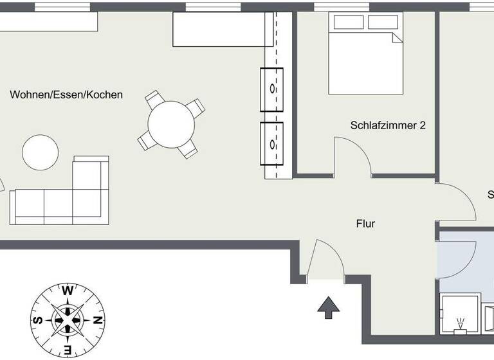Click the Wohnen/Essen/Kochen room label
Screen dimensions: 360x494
66,94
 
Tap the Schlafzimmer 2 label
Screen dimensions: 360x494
388,125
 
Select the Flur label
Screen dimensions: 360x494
365,224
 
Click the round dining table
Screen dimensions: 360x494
170,125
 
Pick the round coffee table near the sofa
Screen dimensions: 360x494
41,152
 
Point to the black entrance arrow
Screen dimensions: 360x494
329,308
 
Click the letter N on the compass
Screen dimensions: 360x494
96,319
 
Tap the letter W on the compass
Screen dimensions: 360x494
68,291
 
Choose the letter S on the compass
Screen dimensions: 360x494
38,319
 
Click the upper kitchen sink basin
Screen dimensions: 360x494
273,88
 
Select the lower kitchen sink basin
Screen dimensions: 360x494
273,143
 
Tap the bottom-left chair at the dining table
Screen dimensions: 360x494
145,140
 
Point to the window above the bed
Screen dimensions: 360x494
342,6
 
